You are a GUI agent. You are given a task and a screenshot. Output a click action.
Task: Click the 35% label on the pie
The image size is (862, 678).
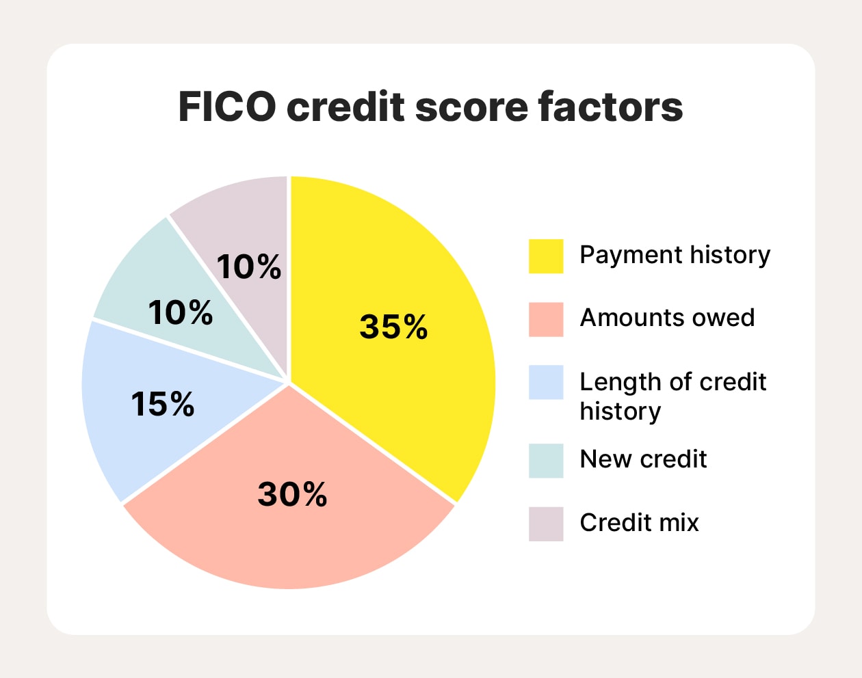[393, 327]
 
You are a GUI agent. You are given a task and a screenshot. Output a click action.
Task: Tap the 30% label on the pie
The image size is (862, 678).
[292, 494]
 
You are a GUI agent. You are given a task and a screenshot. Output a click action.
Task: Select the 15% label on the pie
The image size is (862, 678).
[163, 404]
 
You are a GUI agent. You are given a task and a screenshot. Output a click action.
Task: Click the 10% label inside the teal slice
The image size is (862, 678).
[181, 313]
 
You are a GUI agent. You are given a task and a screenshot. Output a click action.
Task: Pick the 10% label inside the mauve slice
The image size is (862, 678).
[248, 267]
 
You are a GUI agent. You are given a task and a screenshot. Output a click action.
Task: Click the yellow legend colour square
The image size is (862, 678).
[546, 256]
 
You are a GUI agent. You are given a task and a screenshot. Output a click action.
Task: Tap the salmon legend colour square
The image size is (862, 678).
[546, 319]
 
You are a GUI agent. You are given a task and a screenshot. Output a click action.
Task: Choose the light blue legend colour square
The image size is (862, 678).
[546, 382]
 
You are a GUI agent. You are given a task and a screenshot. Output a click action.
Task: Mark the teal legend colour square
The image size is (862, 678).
[546, 461]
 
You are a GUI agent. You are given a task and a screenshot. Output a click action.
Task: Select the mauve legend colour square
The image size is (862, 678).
[546, 524]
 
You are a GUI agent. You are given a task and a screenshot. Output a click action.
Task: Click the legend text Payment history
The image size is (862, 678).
[675, 255]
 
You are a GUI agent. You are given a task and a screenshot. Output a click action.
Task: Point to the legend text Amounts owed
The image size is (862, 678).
[667, 318]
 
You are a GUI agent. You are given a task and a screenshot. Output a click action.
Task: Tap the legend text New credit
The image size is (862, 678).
[643, 459]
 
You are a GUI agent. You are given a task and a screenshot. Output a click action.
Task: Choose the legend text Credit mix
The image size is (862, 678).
[639, 523]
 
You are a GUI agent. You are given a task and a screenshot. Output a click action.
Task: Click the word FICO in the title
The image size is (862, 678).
[227, 107]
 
